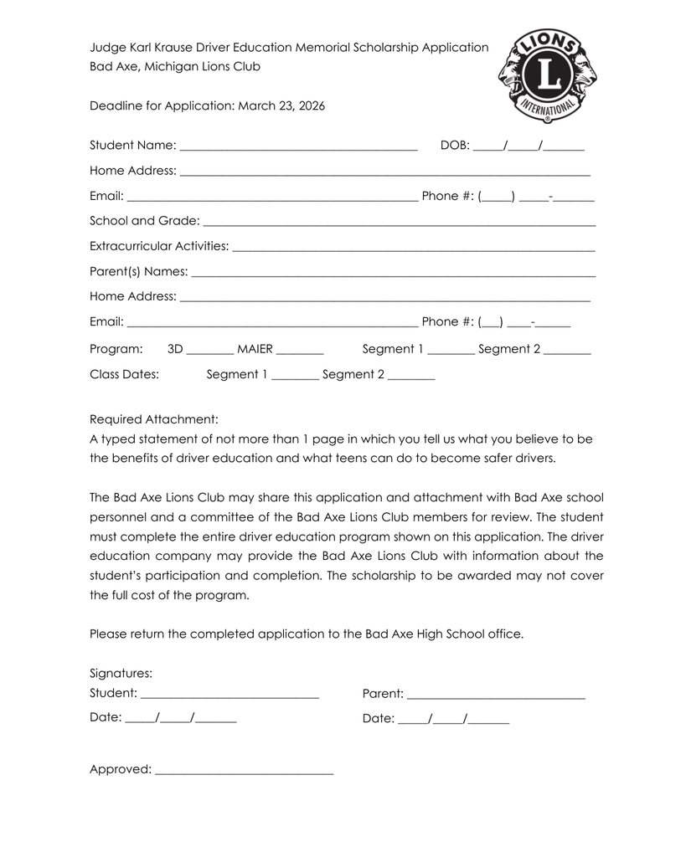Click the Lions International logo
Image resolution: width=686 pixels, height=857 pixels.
pyautogui.click(x=548, y=75)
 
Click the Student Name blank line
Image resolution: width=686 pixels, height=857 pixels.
pyautogui.click(x=298, y=149)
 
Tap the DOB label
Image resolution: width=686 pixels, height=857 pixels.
pyautogui.click(x=455, y=146)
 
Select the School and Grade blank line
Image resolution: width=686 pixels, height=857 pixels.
pyautogui.click(x=399, y=224)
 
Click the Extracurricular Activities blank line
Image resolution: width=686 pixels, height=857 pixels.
pyautogui.click(x=413, y=249)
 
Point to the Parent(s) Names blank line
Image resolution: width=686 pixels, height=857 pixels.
pyautogui.click(x=393, y=275)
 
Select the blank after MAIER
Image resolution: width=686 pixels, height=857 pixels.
pyautogui.click(x=299, y=352)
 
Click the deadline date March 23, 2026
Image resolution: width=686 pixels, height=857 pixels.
pyautogui.click(x=281, y=106)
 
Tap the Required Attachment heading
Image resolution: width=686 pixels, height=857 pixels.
pyautogui.click(x=153, y=419)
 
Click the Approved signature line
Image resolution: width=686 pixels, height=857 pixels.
pyautogui.click(x=244, y=772)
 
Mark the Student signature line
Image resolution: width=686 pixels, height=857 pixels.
pyautogui.click(x=230, y=696)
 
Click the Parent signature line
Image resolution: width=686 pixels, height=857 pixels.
pyautogui.click(x=495, y=697)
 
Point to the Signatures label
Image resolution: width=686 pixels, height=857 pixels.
pyautogui.click(x=121, y=673)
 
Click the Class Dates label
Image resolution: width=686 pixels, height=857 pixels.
pyautogui.click(x=124, y=374)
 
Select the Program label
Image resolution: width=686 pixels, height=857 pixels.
pyautogui.click(x=116, y=349)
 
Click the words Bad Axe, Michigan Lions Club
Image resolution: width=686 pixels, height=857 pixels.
pyautogui.click(x=174, y=66)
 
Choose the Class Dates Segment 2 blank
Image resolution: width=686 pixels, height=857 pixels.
pyautogui.click(x=411, y=377)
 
